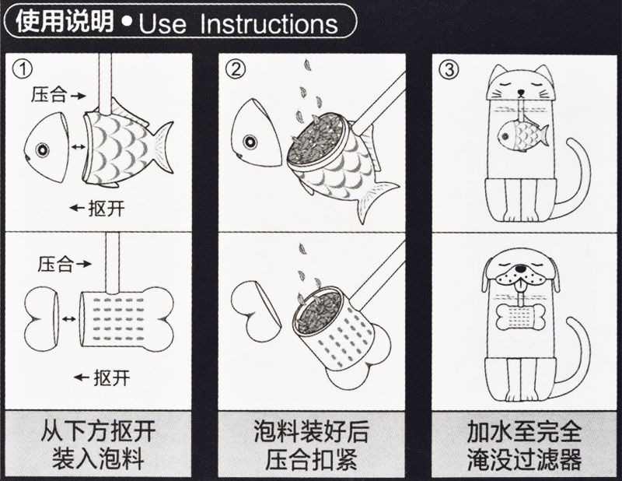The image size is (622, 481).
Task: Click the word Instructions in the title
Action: (x=268, y=24)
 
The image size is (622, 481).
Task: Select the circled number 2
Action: (x=236, y=70)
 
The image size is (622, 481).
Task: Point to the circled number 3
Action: (x=449, y=70)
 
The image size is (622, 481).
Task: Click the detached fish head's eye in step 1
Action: (x=42, y=149)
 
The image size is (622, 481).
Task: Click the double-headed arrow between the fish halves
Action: (x=77, y=147)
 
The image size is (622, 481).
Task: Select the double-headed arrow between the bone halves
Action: (x=68, y=318)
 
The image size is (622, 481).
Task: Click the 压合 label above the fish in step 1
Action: (x=48, y=96)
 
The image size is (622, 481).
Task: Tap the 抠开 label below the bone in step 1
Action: (x=111, y=377)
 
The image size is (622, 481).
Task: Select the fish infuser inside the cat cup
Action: (x=522, y=136)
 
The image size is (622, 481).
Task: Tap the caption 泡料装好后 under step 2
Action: (x=312, y=431)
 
